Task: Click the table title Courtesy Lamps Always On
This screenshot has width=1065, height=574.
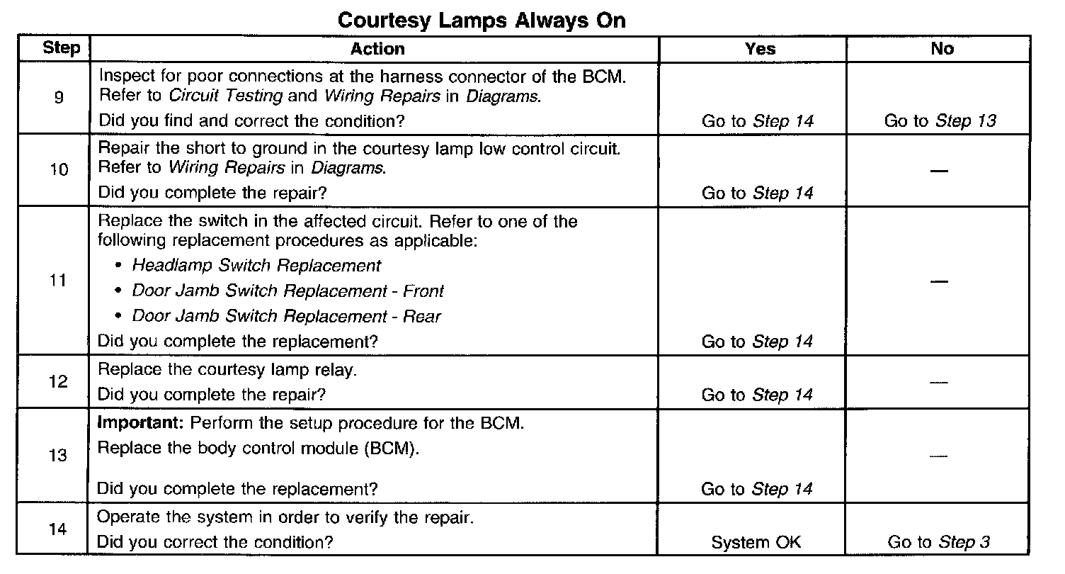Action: click(x=482, y=20)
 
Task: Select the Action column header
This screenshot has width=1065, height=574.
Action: click(x=377, y=49)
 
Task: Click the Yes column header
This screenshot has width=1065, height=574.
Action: click(x=760, y=49)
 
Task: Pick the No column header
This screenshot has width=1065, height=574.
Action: click(x=942, y=49)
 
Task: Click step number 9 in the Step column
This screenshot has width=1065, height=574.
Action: click(x=58, y=99)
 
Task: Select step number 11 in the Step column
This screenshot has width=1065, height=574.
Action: click(x=58, y=281)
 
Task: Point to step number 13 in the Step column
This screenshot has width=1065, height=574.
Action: click(x=58, y=455)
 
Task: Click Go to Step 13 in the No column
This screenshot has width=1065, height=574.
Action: click(x=940, y=121)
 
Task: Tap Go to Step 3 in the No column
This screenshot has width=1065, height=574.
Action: click(x=938, y=543)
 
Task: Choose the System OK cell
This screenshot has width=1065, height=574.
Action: click(x=756, y=543)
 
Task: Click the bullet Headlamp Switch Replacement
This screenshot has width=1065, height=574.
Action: click(x=256, y=266)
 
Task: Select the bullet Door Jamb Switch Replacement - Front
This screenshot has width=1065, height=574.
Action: click(x=288, y=291)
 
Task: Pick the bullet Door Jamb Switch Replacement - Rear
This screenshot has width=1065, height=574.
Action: click(x=286, y=316)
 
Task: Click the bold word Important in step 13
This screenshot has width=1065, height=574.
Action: click(x=140, y=424)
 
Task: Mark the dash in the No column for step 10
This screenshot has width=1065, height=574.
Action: click(x=939, y=171)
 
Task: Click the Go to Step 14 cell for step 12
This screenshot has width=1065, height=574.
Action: click(x=757, y=395)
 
